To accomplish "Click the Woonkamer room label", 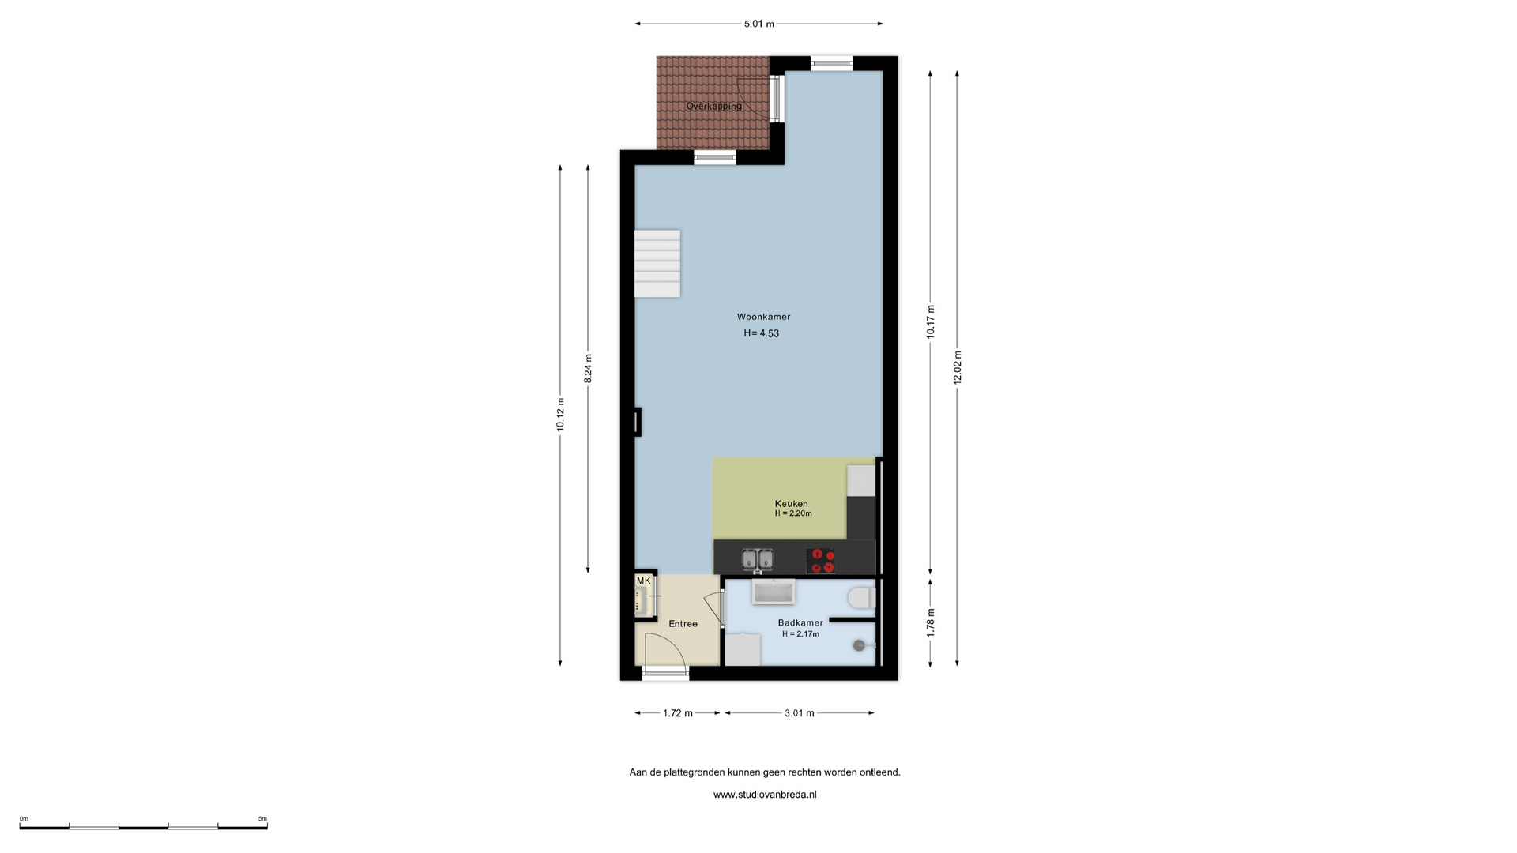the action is (763, 317).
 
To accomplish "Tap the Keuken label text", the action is (791, 504).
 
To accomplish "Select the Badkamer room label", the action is (800, 622).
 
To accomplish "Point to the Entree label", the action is (683, 624).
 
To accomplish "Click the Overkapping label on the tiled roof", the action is (713, 106).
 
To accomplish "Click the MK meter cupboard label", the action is (643, 581).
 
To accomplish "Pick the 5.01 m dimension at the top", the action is (758, 24).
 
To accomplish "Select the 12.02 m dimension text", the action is (957, 367).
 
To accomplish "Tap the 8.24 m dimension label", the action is (588, 368).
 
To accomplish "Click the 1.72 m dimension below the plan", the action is (677, 713).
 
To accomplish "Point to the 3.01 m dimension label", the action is (799, 713).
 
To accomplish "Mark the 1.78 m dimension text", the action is (930, 622).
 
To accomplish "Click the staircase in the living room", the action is (657, 264).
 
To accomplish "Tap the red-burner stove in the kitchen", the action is (821, 561).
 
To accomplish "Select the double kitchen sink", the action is (758, 560).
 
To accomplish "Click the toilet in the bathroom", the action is (860, 598).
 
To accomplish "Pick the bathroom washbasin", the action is (774, 592).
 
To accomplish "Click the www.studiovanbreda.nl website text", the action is (765, 795).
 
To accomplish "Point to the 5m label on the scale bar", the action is (262, 819).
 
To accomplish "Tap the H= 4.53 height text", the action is (761, 333).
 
